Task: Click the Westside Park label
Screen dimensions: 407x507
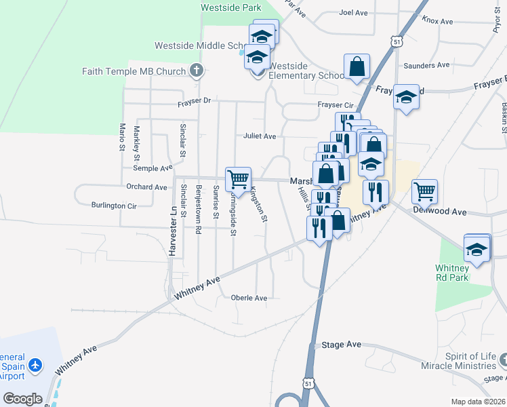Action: (x=231, y=7)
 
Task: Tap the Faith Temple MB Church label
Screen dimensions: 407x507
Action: (x=134, y=71)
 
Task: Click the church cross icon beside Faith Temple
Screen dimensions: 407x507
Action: (x=196, y=70)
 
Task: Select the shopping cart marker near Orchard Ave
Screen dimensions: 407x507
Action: (x=238, y=179)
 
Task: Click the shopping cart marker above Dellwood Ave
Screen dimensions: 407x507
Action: (x=424, y=191)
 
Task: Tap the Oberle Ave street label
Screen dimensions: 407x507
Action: (x=249, y=298)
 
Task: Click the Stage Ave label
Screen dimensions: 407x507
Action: (x=342, y=345)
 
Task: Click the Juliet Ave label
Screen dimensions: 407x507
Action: (x=260, y=136)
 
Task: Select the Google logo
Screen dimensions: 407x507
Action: (x=22, y=399)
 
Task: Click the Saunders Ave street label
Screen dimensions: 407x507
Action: (x=426, y=66)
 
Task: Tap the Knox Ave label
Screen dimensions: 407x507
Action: (x=437, y=21)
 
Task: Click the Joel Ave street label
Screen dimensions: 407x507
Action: (x=352, y=12)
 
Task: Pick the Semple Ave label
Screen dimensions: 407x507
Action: (x=153, y=168)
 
